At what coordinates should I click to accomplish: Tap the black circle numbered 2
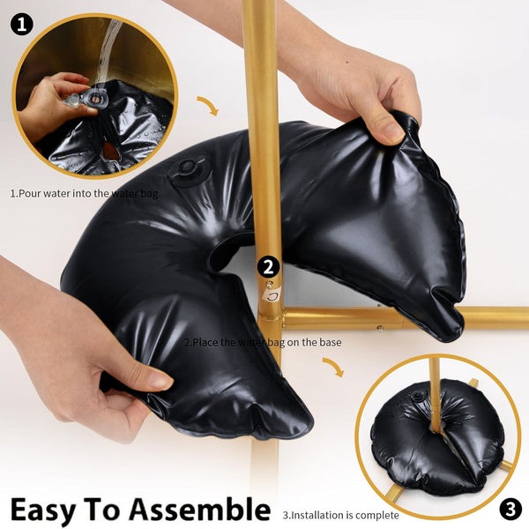pos(269,267)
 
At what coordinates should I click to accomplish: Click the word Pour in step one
pos(30,192)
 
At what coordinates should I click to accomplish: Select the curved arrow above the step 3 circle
pos(333,366)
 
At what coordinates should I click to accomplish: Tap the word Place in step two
pos(204,341)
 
